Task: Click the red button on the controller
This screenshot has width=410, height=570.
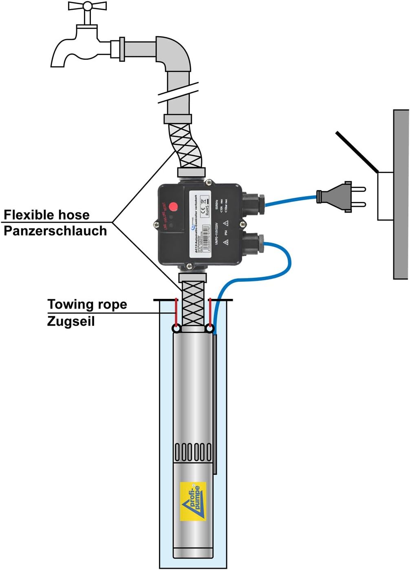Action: pyautogui.click(x=174, y=206)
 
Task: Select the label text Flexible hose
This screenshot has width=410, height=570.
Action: pyautogui.click(x=46, y=215)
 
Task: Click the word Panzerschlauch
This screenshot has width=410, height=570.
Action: pyautogui.click(x=55, y=231)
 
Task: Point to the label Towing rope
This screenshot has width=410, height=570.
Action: pyautogui.click(x=87, y=304)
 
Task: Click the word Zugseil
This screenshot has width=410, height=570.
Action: pyautogui.click(x=71, y=321)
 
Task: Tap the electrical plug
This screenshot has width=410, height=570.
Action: pyautogui.click(x=338, y=197)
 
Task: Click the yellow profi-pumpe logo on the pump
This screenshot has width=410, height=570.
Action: pyautogui.click(x=193, y=501)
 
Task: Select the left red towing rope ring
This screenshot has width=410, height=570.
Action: pyautogui.click(x=176, y=328)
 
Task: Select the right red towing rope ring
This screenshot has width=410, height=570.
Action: pyautogui.click(x=210, y=328)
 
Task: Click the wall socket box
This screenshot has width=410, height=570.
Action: pyautogui.click(x=385, y=196)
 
